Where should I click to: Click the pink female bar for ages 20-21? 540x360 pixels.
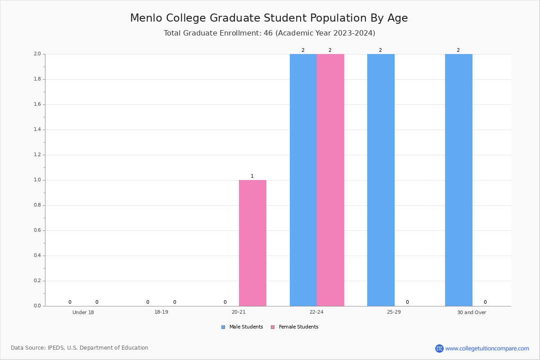click(252, 243)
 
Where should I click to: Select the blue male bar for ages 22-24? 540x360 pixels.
click(303, 180)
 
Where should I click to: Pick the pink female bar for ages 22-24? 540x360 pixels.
click(330, 180)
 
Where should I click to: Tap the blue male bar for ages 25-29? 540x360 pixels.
click(381, 180)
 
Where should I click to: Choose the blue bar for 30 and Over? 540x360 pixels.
click(459, 180)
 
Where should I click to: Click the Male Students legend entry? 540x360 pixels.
click(242, 327)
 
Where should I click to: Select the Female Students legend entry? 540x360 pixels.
click(295, 327)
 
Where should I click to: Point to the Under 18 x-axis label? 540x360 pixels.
click(83, 312)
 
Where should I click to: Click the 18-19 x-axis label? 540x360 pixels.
click(161, 312)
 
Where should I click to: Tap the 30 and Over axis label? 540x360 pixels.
click(472, 312)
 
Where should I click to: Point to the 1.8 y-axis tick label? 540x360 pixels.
click(37, 79)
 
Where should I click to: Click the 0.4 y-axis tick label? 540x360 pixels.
click(37, 255)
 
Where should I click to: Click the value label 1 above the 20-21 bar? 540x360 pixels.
click(252, 176)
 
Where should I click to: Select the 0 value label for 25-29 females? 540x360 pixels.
click(407, 302)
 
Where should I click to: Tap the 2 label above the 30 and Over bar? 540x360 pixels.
click(458, 50)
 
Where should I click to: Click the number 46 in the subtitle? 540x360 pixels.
click(268, 33)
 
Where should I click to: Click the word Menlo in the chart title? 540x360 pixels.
click(146, 18)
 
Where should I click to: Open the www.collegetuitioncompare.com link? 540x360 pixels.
click(487, 348)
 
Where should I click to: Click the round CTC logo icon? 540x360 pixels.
click(440, 348)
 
